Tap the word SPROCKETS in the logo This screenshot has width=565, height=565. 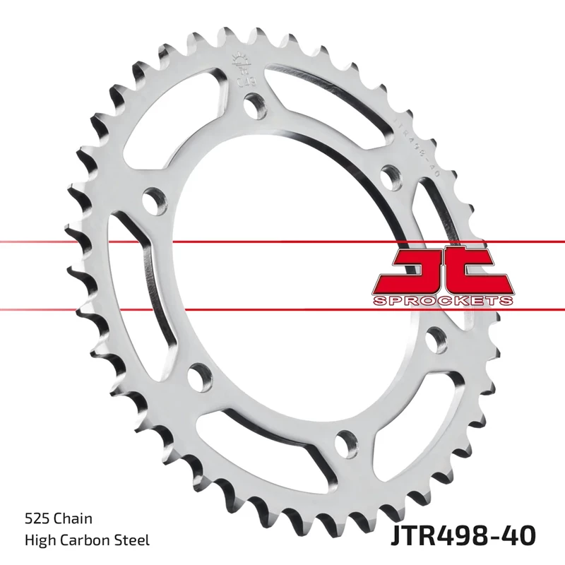(442, 301)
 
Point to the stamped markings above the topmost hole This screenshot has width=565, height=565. (241, 71)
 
